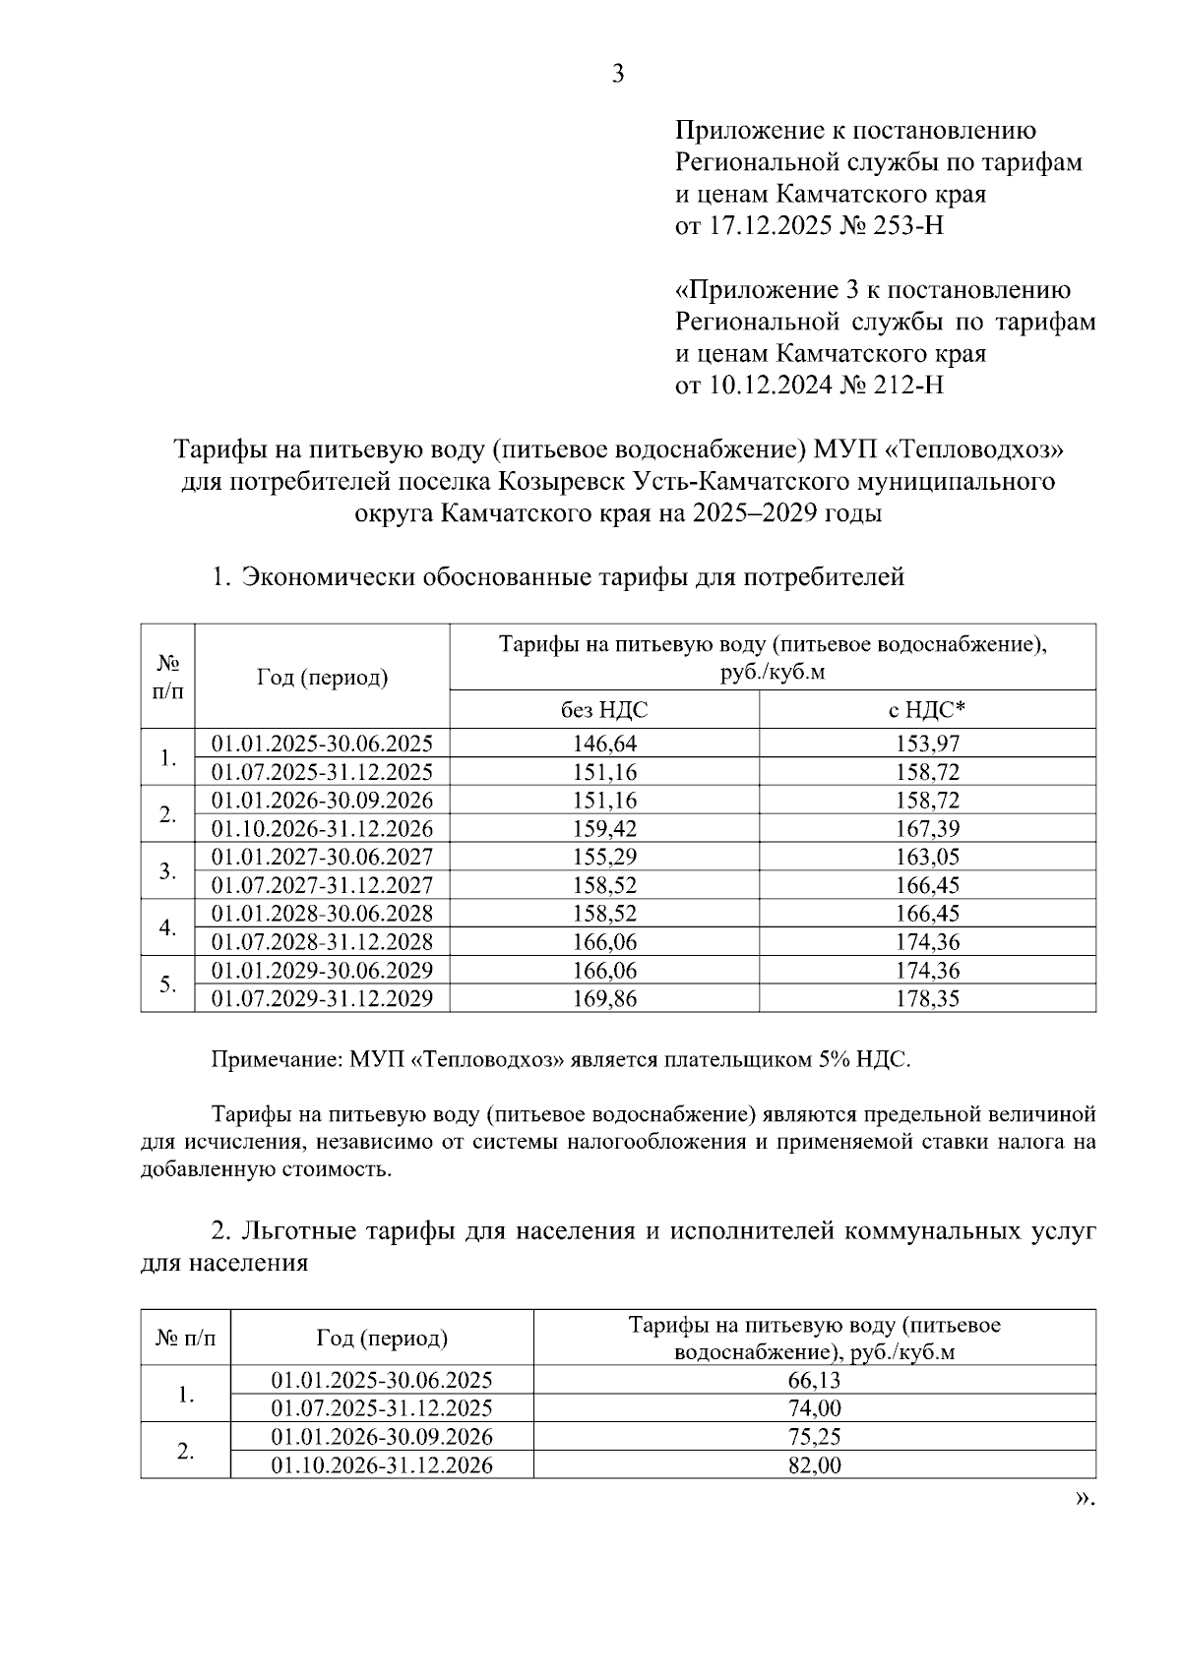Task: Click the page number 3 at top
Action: click(618, 75)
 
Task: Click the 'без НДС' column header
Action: click(604, 710)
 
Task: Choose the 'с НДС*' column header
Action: click(927, 710)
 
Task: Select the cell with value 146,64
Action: click(604, 744)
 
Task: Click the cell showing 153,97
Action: click(927, 744)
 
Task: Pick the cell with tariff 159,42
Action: click(604, 829)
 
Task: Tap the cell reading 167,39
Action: click(927, 829)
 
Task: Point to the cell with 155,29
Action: click(604, 857)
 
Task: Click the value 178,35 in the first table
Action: click(927, 999)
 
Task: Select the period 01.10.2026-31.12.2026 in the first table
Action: click(322, 829)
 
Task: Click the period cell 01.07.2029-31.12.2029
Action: click(322, 999)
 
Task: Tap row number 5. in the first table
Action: click(168, 984)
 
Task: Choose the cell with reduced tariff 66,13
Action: click(814, 1380)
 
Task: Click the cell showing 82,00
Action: click(814, 1465)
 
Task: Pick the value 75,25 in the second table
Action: click(814, 1437)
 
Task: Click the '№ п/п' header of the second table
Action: click(185, 1338)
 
